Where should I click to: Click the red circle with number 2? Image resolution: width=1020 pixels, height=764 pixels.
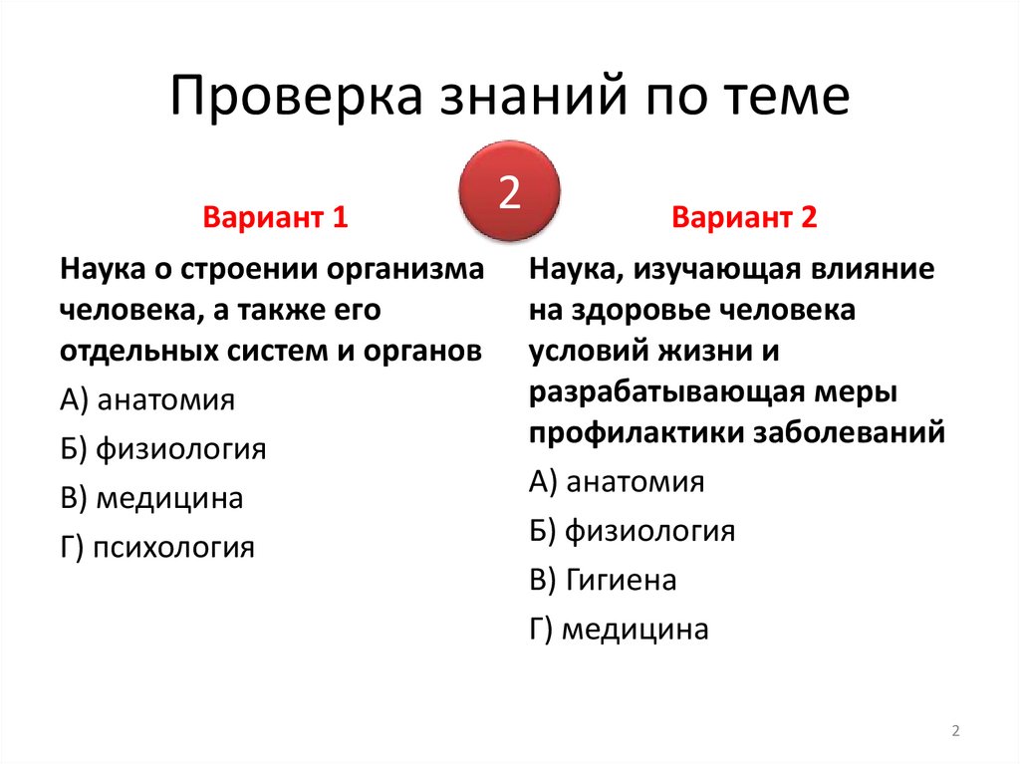click(509, 191)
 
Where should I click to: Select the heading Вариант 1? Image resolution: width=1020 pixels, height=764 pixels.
click(275, 218)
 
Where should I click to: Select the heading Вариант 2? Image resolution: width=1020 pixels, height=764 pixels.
click(744, 218)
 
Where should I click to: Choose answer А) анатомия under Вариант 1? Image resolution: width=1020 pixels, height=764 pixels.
click(147, 400)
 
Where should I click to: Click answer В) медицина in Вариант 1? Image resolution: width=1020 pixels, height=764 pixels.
click(151, 498)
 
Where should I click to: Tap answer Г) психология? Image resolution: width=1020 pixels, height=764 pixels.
click(157, 547)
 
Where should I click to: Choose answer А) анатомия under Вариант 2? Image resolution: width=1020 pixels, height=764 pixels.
click(617, 482)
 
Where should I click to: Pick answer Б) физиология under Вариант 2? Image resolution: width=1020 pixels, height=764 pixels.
click(632, 531)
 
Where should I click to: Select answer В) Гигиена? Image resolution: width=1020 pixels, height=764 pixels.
click(603, 580)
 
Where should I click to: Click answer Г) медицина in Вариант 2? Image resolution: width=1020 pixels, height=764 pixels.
click(619, 629)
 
